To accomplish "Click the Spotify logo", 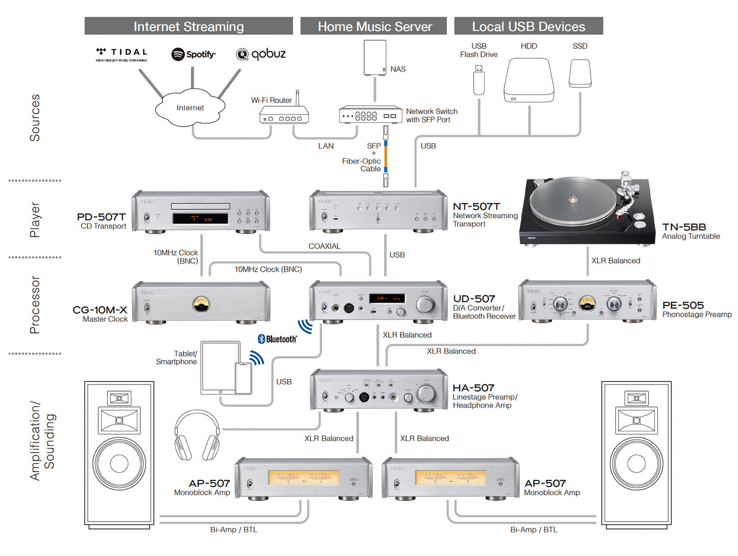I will (x=194, y=54).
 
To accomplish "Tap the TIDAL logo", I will (x=122, y=53).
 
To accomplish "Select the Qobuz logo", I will (x=261, y=54).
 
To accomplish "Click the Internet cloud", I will (x=190, y=108).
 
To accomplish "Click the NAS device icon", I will (x=375, y=58).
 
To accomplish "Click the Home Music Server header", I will (x=374, y=27).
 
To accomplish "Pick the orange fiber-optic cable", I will (x=386, y=156).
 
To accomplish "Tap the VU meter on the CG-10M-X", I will (x=201, y=305).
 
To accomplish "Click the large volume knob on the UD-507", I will (x=424, y=304).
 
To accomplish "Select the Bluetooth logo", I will (x=277, y=339).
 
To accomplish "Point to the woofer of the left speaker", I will (x=119, y=464).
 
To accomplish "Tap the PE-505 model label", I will (x=683, y=305).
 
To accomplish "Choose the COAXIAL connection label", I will (x=324, y=246).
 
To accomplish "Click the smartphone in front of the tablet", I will (x=243, y=379).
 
